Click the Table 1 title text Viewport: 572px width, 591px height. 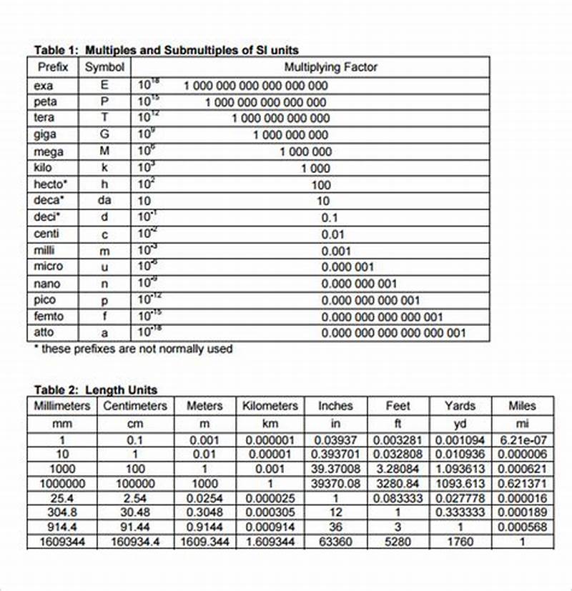[167, 50]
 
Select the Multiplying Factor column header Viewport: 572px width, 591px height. [330, 67]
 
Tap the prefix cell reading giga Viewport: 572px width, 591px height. [44, 134]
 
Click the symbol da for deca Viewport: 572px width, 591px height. [104, 201]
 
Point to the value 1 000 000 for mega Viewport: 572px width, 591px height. [305, 152]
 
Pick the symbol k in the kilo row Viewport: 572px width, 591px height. [104, 168]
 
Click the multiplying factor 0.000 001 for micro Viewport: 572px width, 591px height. [347, 267]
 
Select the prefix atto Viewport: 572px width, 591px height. [44, 332]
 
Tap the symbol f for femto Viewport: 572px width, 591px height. [104, 316]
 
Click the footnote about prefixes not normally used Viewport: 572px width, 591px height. [133, 349]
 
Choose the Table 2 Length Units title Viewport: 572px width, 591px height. [96, 390]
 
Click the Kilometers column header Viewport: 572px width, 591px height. [270, 406]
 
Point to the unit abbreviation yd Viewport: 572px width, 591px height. [460, 424]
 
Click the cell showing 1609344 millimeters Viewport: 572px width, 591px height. [62, 542]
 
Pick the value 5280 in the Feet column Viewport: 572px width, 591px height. [398, 542]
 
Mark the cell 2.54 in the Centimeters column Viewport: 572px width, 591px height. [135, 498]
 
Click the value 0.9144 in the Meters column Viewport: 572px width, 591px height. [204, 527]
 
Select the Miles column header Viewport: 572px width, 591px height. [522, 406]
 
